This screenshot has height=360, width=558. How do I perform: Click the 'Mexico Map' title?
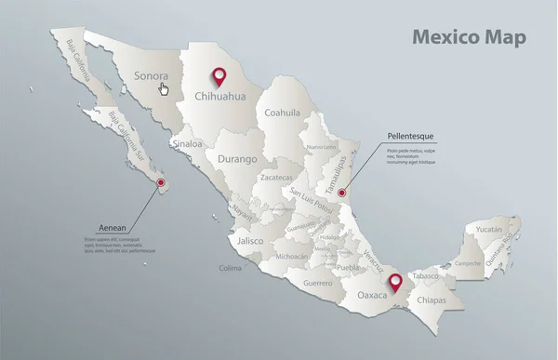click(469, 38)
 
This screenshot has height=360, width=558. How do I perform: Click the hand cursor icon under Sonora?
click(165, 89)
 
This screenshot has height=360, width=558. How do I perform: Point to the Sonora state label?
click(151, 76)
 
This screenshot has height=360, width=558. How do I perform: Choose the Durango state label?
click(237, 159)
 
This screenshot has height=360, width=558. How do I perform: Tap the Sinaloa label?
click(187, 144)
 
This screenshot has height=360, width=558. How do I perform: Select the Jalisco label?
click(251, 240)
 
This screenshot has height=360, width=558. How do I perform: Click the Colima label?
click(230, 268)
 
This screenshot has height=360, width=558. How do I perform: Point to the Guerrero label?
click(318, 282)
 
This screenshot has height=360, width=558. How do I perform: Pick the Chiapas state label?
click(432, 300)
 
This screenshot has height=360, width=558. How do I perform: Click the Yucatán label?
click(489, 228)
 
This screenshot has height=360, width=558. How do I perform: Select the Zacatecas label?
click(276, 177)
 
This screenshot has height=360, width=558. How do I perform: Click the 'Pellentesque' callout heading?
click(412, 136)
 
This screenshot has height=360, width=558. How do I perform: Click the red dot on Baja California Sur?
click(162, 182)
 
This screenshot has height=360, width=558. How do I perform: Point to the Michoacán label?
click(291, 256)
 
